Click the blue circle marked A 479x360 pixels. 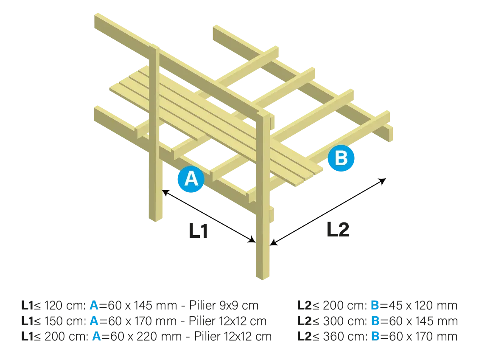point(191,179)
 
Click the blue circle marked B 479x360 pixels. point(341,158)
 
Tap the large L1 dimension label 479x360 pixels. point(199,231)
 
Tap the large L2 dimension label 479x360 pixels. point(338,229)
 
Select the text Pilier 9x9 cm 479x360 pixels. point(224,305)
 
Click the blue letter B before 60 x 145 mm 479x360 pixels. point(375,321)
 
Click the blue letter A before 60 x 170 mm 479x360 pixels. point(94,321)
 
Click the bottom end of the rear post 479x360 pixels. point(155,218)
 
